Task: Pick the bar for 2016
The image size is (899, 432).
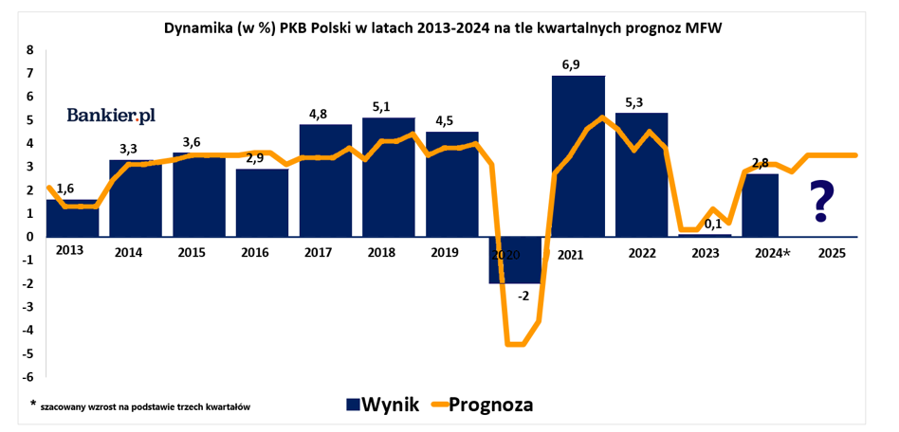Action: [262, 203]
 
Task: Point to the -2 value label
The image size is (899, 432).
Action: [523, 296]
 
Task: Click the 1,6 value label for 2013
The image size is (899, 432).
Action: [65, 189]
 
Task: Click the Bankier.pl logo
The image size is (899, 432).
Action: [111, 115]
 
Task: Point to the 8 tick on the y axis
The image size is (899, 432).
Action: [29, 49]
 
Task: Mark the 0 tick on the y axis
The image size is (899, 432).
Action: [29, 237]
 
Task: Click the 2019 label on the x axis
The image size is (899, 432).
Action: [445, 253]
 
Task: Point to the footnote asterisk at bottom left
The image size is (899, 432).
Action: [33, 404]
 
